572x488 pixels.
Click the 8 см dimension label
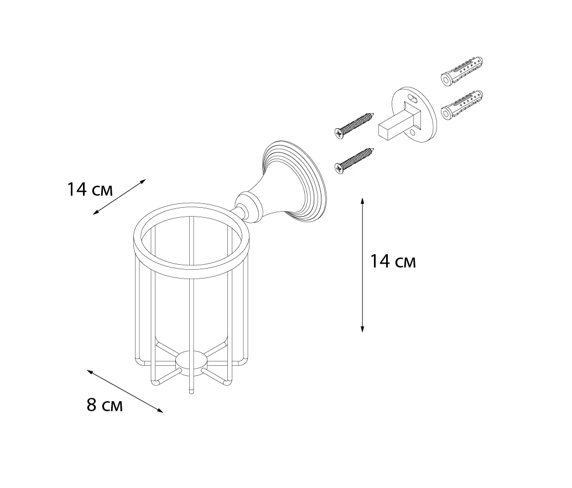(x=105, y=405)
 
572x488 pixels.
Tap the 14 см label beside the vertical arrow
(x=393, y=261)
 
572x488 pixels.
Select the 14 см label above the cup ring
(x=90, y=190)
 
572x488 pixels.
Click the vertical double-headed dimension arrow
(x=362, y=265)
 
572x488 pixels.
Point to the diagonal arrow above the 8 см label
(x=125, y=391)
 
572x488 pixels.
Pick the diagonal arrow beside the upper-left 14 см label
(x=119, y=197)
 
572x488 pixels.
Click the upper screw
(x=355, y=125)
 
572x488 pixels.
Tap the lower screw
(x=355, y=160)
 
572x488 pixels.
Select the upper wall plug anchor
(x=462, y=71)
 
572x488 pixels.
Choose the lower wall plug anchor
(x=462, y=105)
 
